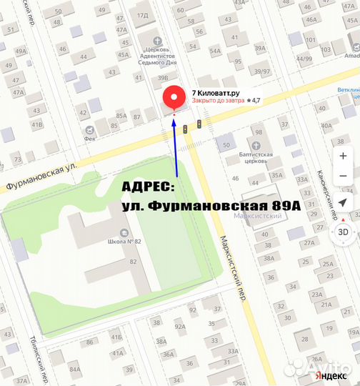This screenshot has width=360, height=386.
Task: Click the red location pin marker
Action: click(174, 100)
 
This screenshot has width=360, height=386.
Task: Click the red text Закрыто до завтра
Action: click(216, 102)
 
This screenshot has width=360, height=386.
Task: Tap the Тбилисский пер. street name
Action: click(41, 361)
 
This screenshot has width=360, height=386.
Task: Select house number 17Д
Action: click(142, 14)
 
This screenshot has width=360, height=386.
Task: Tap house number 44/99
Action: click(304, 59)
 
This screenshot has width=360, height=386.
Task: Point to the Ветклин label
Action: click(349, 90)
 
